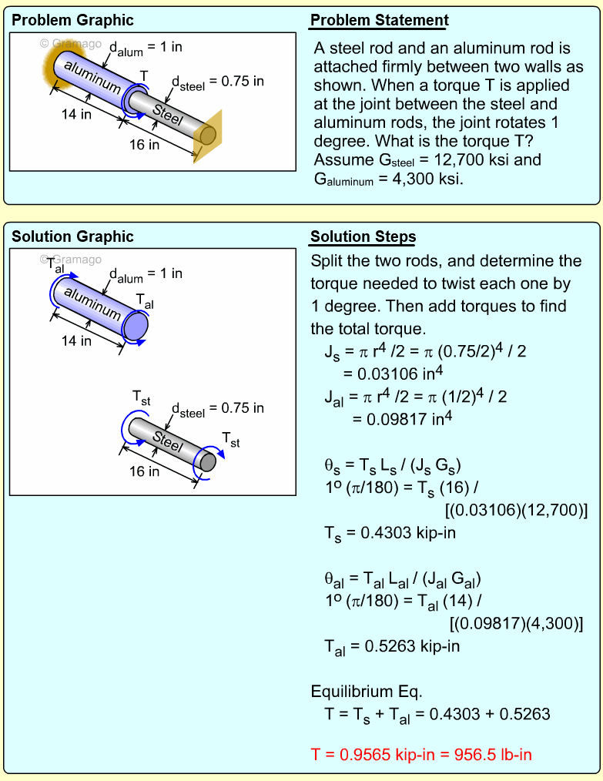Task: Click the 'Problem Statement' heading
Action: pyautogui.click(x=380, y=21)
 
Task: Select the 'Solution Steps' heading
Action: pyautogui.click(x=363, y=236)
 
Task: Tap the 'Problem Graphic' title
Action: pyautogui.click(x=73, y=21)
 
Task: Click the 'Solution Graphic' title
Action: pyautogui.click(x=73, y=236)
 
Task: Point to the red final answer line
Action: pyautogui.click(x=421, y=754)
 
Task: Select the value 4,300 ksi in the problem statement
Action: pyautogui.click(x=426, y=179)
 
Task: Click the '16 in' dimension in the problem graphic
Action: pyautogui.click(x=144, y=144)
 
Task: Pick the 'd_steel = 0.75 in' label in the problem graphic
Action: pyautogui.click(x=217, y=82)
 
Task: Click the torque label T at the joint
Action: pyautogui.click(x=143, y=75)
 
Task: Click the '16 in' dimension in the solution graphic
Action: pyautogui.click(x=143, y=471)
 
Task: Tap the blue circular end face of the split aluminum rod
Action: pyautogui.click(x=136, y=326)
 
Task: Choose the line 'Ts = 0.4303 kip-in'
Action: pyautogui.click(x=392, y=531)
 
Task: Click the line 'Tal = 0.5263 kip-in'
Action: pyautogui.click(x=392, y=645)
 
